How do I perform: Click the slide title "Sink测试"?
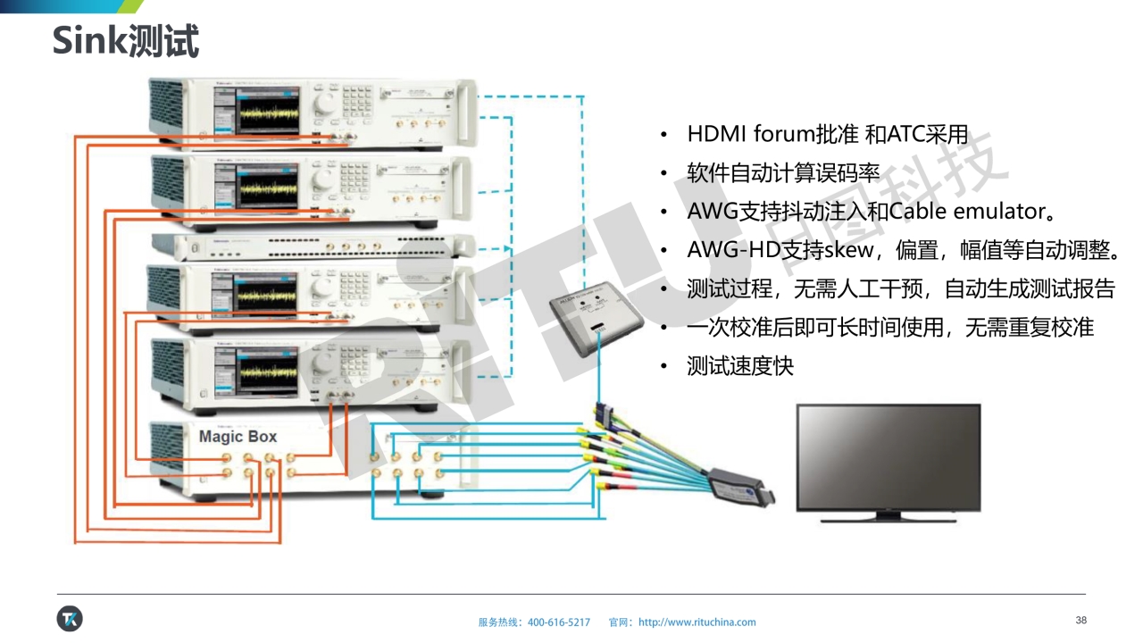tap(125, 41)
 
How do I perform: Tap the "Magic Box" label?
tap(238, 437)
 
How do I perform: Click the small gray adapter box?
tap(597, 322)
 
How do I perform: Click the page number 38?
tap(1081, 621)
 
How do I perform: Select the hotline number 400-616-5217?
tap(559, 622)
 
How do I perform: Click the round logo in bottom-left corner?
tap(70, 618)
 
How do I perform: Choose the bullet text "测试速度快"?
tap(740, 365)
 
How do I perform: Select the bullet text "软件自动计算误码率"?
tap(783, 173)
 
